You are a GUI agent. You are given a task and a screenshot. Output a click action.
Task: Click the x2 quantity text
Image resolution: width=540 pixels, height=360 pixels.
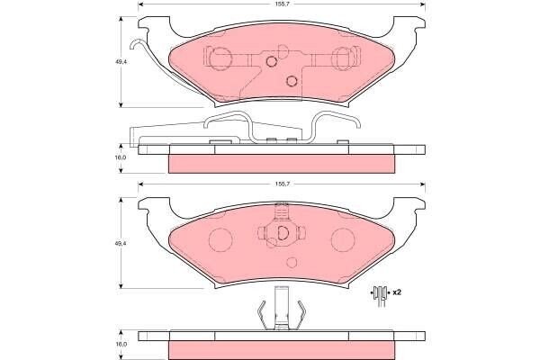tap(397, 292)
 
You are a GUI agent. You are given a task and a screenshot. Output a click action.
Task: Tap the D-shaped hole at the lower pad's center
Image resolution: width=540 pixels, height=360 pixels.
tap(283, 233)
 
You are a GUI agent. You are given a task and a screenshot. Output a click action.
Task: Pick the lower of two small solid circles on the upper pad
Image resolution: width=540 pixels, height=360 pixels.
tap(292, 81)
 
